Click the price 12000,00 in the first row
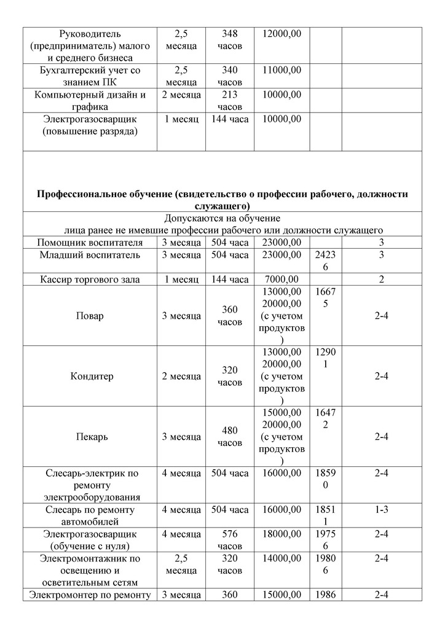pyautogui.click(x=282, y=34)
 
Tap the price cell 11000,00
pyautogui.click(x=282, y=71)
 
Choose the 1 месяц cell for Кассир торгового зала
pyautogui.click(x=181, y=279)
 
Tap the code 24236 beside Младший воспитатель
pyautogui.click(x=325, y=261)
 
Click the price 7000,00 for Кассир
pyautogui.click(x=282, y=279)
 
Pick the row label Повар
pyautogui.click(x=91, y=316)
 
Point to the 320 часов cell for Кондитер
pyautogui.click(x=229, y=376)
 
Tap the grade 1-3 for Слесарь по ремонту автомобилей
pyautogui.click(x=382, y=510)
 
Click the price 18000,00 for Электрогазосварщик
pyautogui.click(x=282, y=534)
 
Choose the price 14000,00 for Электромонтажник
pyautogui.click(x=282, y=558)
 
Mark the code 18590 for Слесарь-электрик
pyautogui.click(x=325, y=479)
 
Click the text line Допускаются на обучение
pyautogui.click(x=222, y=218)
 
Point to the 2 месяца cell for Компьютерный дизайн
pyautogui.click(x=181, y=95)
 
